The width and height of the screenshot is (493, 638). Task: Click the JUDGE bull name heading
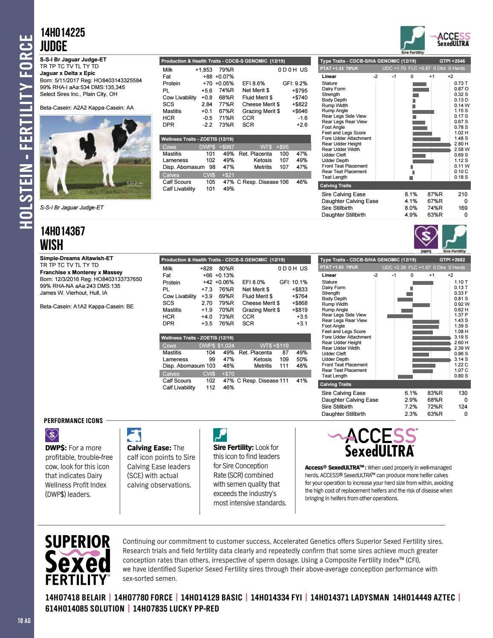point(54,46)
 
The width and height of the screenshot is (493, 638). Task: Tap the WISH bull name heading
point(52,245)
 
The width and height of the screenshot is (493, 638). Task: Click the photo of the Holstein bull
point(96,157)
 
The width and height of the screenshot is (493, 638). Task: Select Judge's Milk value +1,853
point(203,70)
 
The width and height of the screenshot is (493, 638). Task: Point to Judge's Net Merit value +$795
point(299,90)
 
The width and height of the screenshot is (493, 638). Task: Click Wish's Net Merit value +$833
point(299,289)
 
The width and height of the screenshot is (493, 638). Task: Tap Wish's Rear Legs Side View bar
point(400,316)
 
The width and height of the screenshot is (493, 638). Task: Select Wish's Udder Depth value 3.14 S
point(461,359)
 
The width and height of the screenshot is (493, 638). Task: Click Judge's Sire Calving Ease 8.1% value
point(411,194)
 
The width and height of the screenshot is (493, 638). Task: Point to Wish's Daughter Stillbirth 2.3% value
point(411,414)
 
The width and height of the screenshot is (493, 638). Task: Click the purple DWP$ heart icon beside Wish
point(426,238)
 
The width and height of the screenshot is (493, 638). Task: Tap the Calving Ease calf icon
point(134,435)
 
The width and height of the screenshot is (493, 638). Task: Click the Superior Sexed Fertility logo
point(78,560)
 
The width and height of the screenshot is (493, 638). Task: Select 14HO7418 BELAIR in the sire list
point(75,597)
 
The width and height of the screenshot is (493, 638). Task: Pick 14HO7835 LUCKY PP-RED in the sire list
point(176,609)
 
